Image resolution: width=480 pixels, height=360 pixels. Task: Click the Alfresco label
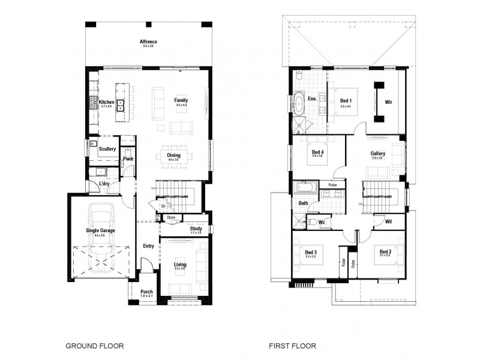pyautogui.click(x=148, y=41)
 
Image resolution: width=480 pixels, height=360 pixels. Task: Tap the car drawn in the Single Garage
pyautogui.click(x=101, y=238)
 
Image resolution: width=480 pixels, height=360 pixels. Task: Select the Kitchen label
pyautogui.click(x=106, y=102)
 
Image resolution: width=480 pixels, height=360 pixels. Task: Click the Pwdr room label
pyautogui.click(x=128, y=159)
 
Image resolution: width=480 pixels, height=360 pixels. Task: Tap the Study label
pyautogui.click(x=196, y=229)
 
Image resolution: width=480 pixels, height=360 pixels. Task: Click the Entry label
pyautogui.click(x=148, y=245)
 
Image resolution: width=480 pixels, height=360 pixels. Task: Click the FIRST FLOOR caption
pyautogui.click(x=293, y=346)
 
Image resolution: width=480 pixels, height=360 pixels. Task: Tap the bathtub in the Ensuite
pyautogui.click(x=298, y=103)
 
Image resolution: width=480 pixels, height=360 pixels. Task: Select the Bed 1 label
pyautogui.click(x=345, y=100)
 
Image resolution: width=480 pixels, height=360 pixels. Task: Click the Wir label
pyautogui.click(x=388, y=102)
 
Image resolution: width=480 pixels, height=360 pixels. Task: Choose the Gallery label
pyautogui.click(x=377, y=154)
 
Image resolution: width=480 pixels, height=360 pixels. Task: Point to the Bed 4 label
pyautogui.click(x=318, y=152)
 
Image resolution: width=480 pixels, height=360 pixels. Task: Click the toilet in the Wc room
pyautogui.click(x=312, y=222)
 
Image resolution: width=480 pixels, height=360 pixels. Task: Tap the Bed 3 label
pyautogui.click(x=310, y=253)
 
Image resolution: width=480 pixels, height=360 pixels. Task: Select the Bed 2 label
pyautogui.click(x=385, y=253)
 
